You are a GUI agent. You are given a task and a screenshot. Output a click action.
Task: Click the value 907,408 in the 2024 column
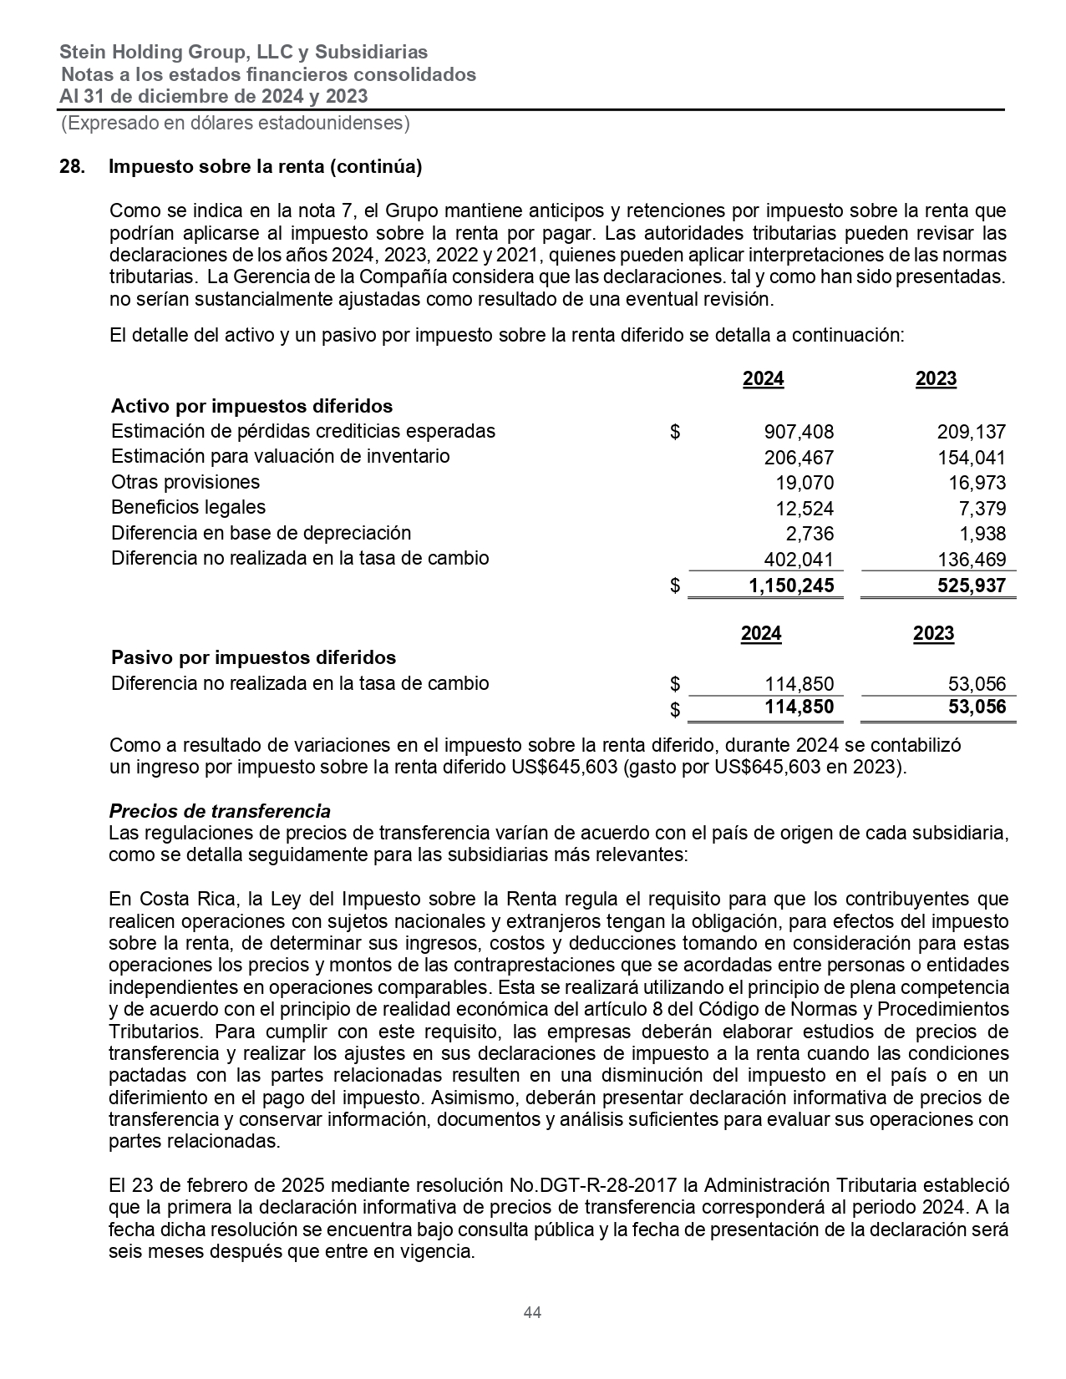click(799, 433)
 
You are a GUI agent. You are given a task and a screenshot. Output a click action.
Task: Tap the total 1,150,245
click(791, 586)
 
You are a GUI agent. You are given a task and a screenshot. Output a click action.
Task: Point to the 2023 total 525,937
click(971, 586)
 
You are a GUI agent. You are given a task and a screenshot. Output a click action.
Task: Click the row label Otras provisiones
click(185, 482)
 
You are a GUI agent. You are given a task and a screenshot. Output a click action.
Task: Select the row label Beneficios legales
click(188, 507)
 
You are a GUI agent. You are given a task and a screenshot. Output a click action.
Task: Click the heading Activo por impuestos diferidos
click(251, 406)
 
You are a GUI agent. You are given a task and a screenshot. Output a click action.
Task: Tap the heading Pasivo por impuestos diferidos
click(253, 657)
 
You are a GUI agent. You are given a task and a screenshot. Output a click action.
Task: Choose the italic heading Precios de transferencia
click(220, 811)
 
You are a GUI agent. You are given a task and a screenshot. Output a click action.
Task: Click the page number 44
click(532, 1312)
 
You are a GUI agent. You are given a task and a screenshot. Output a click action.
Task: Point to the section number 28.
click(71, 166)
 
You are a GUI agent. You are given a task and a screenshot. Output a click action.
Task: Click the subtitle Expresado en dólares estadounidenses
click(236, 124)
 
